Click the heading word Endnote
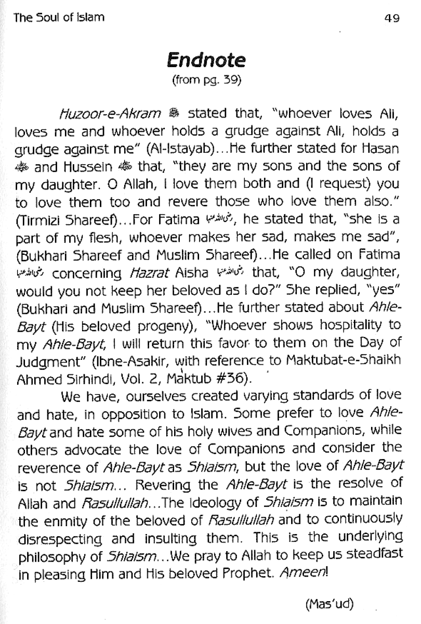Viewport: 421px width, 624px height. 207,60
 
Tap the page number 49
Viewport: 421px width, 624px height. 391,18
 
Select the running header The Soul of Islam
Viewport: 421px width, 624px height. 59,18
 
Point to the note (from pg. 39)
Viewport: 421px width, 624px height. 207,81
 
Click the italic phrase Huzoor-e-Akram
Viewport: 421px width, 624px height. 110,114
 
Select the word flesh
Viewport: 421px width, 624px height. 105,238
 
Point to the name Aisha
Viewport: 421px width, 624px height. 191,273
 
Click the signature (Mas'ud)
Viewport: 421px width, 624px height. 329,604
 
